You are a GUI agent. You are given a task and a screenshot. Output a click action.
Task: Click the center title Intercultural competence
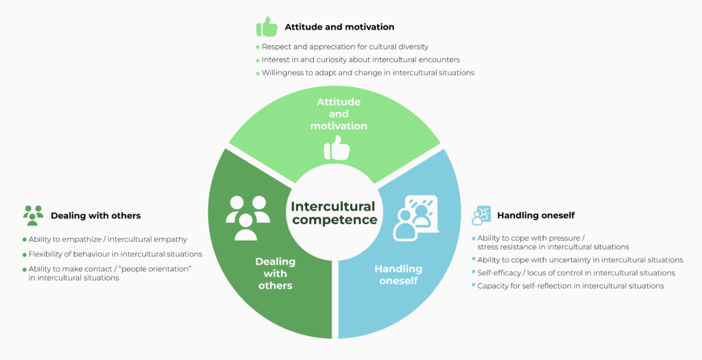[334, 213]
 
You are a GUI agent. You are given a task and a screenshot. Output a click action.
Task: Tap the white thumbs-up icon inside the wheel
[337, 148]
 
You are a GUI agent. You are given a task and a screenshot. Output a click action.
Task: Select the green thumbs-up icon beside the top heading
[267, 27]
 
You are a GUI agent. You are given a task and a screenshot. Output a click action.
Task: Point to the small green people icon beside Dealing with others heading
[33, 215]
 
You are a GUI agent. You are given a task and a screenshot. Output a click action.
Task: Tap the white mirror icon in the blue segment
[415, 218]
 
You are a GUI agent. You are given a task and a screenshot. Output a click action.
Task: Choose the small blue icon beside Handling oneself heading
[481, 215]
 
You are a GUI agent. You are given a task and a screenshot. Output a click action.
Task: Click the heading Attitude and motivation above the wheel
[339, 27]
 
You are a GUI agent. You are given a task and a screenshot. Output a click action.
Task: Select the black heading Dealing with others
[96, 216]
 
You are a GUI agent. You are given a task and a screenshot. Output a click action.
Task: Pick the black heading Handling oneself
[536, 215]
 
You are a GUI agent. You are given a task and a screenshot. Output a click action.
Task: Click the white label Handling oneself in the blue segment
[398, 274]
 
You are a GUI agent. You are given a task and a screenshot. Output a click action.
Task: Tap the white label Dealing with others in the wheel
[276, 273]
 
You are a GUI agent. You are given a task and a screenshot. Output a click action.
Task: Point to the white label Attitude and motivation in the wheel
[339, 114]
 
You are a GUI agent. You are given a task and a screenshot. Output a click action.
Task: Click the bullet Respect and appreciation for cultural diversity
[346, 47]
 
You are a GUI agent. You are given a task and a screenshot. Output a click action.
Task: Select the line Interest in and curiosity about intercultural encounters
[361, 60]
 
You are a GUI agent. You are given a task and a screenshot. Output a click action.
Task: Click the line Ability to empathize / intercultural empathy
[108, 239]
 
